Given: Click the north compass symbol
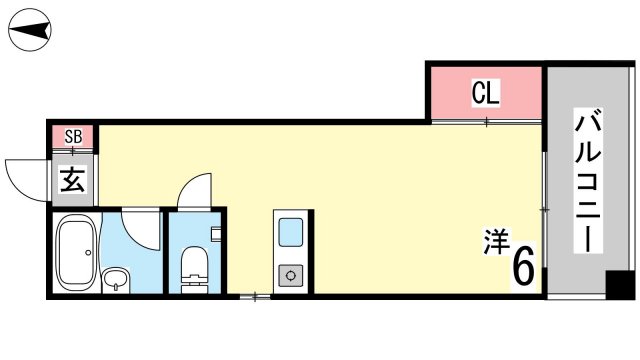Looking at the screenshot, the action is (30, 30).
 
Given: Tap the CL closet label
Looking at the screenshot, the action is (486, 93).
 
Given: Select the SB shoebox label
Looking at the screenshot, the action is (73, 137).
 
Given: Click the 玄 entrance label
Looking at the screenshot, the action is (73, 180).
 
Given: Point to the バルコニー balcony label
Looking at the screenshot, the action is (588, 180).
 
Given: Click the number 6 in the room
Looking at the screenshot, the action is (523, 267).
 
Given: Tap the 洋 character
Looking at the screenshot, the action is (496, 241).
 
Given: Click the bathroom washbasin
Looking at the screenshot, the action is (116, 280).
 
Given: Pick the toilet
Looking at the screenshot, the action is (194, 270).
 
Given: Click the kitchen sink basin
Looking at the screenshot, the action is (291, 232).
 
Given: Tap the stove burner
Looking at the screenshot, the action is (291, 276).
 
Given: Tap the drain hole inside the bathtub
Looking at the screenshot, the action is (88, 253).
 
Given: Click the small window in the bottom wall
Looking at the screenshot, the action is (255, 297).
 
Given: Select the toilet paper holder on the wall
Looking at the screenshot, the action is (216, 234).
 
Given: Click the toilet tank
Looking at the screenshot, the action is (194, 284).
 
